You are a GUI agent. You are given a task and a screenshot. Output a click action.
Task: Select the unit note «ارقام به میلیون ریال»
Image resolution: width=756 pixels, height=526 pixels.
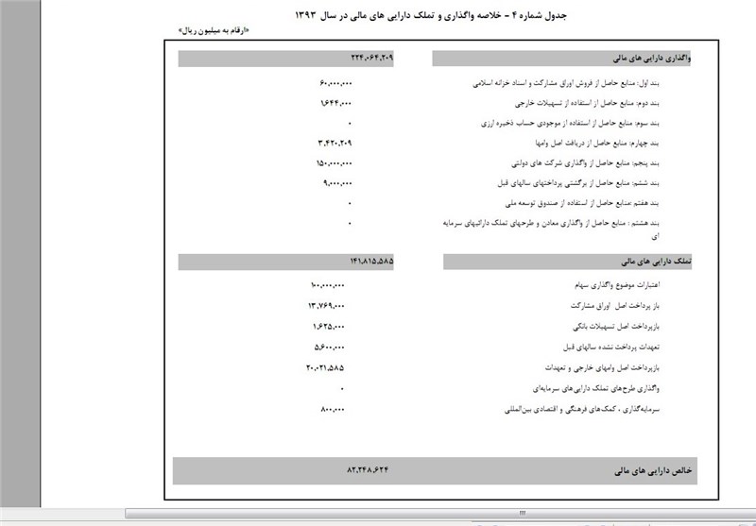pos(211,31)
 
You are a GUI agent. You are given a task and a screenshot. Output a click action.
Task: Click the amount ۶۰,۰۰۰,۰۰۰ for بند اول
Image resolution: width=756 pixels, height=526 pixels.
pos(336,83)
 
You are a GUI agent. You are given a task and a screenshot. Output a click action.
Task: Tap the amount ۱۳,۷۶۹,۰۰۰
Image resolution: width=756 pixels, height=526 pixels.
pos(326,306)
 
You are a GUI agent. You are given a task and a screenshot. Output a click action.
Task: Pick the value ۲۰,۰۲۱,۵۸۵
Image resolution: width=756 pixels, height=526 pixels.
pos(326,366)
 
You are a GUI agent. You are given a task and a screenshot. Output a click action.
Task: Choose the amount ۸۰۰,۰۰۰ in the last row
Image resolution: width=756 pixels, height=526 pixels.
pos(335,409)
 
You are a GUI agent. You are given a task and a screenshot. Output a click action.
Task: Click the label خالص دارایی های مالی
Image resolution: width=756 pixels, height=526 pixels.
pos(655,469)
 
